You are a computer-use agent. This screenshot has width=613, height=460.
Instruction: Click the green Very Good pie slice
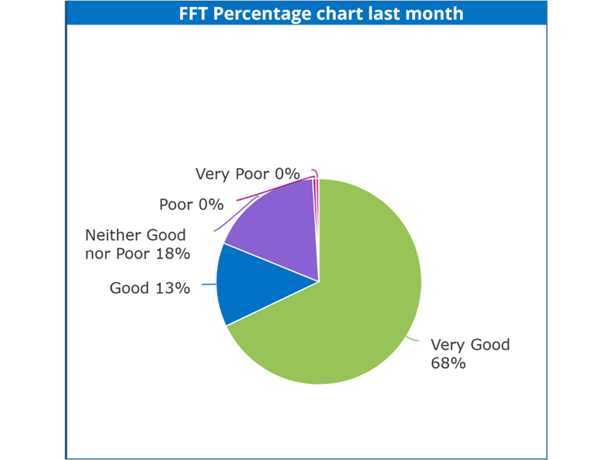352,297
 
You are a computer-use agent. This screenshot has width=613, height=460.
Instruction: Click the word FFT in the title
194,14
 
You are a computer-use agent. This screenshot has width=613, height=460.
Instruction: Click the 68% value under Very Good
448,363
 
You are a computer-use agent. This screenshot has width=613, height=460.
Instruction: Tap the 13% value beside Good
173,288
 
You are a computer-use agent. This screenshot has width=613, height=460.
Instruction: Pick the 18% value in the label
173,254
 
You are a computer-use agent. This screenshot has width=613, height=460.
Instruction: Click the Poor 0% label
192,205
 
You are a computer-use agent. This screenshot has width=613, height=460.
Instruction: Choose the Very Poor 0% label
247,174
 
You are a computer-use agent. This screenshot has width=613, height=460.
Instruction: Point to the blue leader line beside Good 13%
208,284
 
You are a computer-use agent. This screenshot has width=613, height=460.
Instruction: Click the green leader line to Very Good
412,338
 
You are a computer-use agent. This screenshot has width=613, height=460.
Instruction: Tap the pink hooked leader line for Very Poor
316,172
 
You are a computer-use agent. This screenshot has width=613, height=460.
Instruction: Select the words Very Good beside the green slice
470,345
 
